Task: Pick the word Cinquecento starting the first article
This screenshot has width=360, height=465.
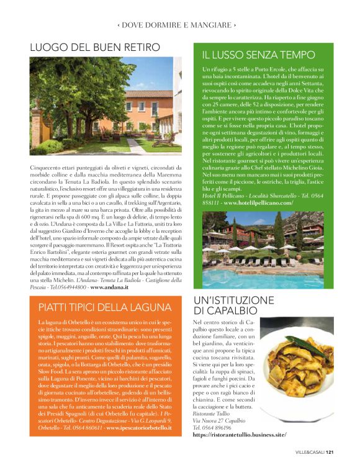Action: (x=44, y=168)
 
